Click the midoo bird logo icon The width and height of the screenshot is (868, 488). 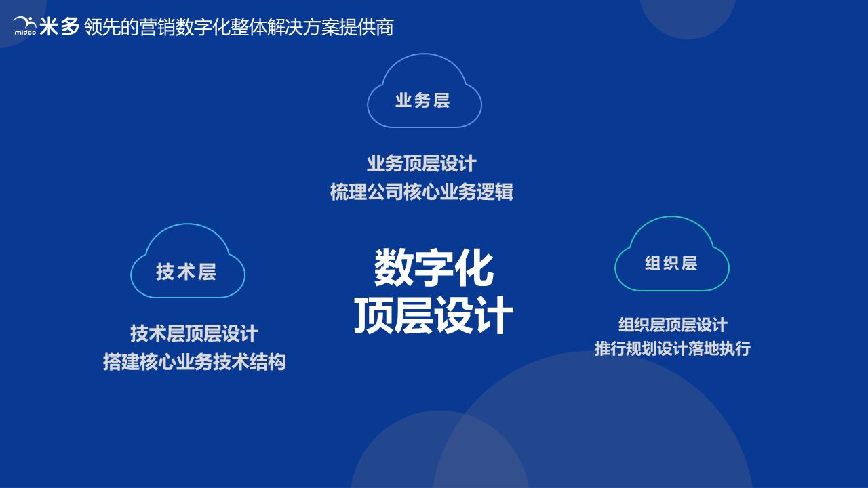24,25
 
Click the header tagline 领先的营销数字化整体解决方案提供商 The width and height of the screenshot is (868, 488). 239,27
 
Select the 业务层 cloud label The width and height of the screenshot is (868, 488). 423,100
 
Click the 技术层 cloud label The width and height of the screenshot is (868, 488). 186,272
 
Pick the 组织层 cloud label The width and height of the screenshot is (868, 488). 671,263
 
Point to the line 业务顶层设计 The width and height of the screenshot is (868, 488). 422,163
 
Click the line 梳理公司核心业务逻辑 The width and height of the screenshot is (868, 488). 422,192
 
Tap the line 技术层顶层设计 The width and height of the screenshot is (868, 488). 194,333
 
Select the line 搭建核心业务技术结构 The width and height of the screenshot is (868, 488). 194,362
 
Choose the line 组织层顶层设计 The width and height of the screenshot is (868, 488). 673,325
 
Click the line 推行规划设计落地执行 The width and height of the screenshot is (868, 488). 673,349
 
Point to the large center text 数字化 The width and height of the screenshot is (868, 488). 434,268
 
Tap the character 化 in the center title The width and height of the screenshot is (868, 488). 475,268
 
